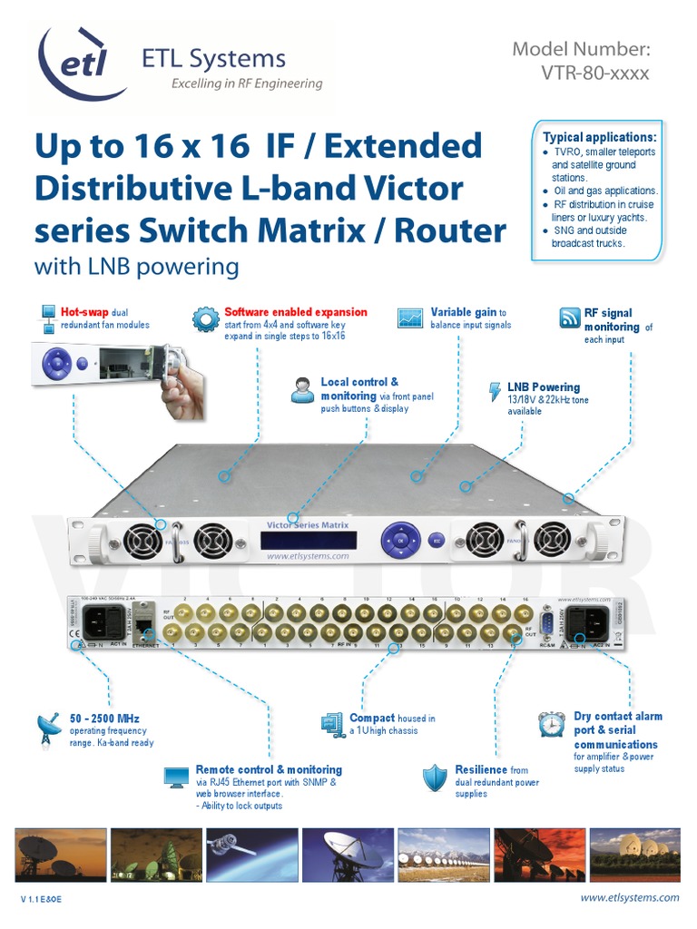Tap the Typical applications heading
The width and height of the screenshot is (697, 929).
[599, 137]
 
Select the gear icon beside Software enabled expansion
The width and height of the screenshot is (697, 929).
[204, 318]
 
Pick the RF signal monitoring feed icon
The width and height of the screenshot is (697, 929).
[569, 318]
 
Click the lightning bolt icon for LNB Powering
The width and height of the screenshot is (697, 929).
[495, 392]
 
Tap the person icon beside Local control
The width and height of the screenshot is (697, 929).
[302, 391]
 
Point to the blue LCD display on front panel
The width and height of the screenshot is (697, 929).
[306, 539]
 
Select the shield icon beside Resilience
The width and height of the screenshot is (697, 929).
[436, 777]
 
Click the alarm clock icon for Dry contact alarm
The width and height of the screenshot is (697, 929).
[552, 724]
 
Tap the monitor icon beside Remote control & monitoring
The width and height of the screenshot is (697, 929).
[176, 777]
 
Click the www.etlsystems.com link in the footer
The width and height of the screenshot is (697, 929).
[629, 897]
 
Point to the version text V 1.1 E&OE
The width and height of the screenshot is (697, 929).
[41, 899]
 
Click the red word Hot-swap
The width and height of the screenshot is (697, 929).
[83, 312]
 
